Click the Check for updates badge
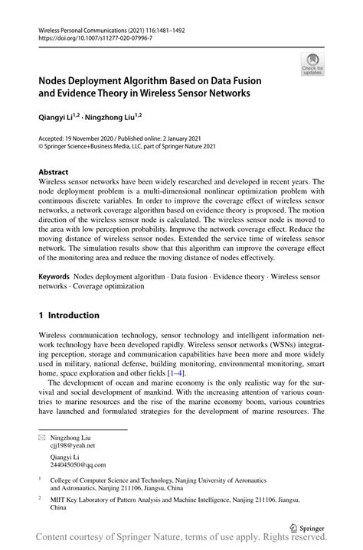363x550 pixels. (312, 66)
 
